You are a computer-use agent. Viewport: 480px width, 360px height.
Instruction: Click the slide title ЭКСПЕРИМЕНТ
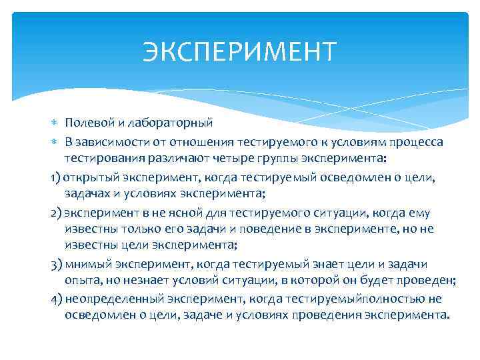pos(240,51)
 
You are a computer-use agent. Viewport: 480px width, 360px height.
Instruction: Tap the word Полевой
pos(85,123)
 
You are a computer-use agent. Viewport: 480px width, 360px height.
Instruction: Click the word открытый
pos(90,177)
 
